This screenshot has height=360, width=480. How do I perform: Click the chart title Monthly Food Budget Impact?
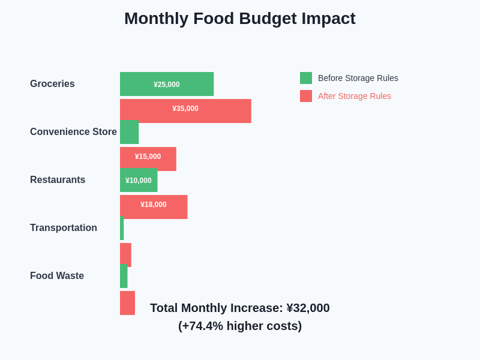(239, 19)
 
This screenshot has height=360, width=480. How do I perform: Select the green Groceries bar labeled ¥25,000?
(167, 84)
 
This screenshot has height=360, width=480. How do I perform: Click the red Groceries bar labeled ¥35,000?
(185, 110)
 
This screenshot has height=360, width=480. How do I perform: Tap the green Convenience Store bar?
(129, 132)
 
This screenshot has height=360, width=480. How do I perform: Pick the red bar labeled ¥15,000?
(148, 158)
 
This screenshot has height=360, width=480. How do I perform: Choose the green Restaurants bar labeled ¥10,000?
(139, 180)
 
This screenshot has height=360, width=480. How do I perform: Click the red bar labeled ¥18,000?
(154, 206)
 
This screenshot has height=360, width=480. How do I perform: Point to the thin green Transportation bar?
(122, 228)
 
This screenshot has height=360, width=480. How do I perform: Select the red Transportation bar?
(125, 254)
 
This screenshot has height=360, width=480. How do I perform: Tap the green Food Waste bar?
(124, 276)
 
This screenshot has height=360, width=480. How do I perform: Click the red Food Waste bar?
(127, 303)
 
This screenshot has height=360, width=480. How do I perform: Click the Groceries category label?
(52, 84)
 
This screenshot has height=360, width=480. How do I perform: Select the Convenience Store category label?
(73, 132)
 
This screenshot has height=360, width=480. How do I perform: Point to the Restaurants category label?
(58, 180)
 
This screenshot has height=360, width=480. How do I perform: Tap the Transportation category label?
(64, 228)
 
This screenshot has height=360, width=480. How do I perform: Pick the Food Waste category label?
(57, 276)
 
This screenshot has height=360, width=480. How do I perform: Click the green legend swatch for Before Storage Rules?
(306, 78)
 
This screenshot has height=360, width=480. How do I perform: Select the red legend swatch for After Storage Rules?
(306, 96)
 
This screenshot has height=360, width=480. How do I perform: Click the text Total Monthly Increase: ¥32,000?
(239, 308)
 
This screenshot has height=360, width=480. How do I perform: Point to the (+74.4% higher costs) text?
(239, 326)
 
